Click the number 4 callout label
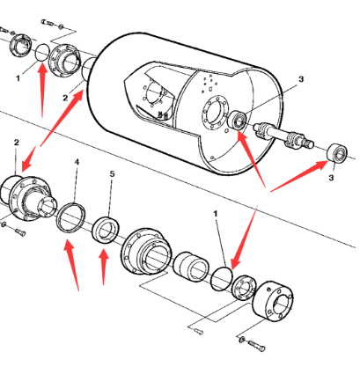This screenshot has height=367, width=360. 77,162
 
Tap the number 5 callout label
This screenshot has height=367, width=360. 112,174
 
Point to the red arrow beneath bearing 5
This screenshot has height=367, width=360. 104,267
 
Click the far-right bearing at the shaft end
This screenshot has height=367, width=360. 337,153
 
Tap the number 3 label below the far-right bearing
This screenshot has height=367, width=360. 331,178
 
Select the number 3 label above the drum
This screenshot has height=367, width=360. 301,79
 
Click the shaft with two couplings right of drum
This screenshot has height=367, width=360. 283,134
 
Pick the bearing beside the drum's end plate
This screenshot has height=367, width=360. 237,121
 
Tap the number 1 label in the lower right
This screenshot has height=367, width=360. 216,214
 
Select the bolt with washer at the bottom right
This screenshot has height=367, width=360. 253,344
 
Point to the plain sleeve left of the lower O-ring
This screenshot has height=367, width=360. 191,266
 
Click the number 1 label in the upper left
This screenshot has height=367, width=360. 18,78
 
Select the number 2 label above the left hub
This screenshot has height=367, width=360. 16,143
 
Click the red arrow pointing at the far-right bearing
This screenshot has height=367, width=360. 299,176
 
